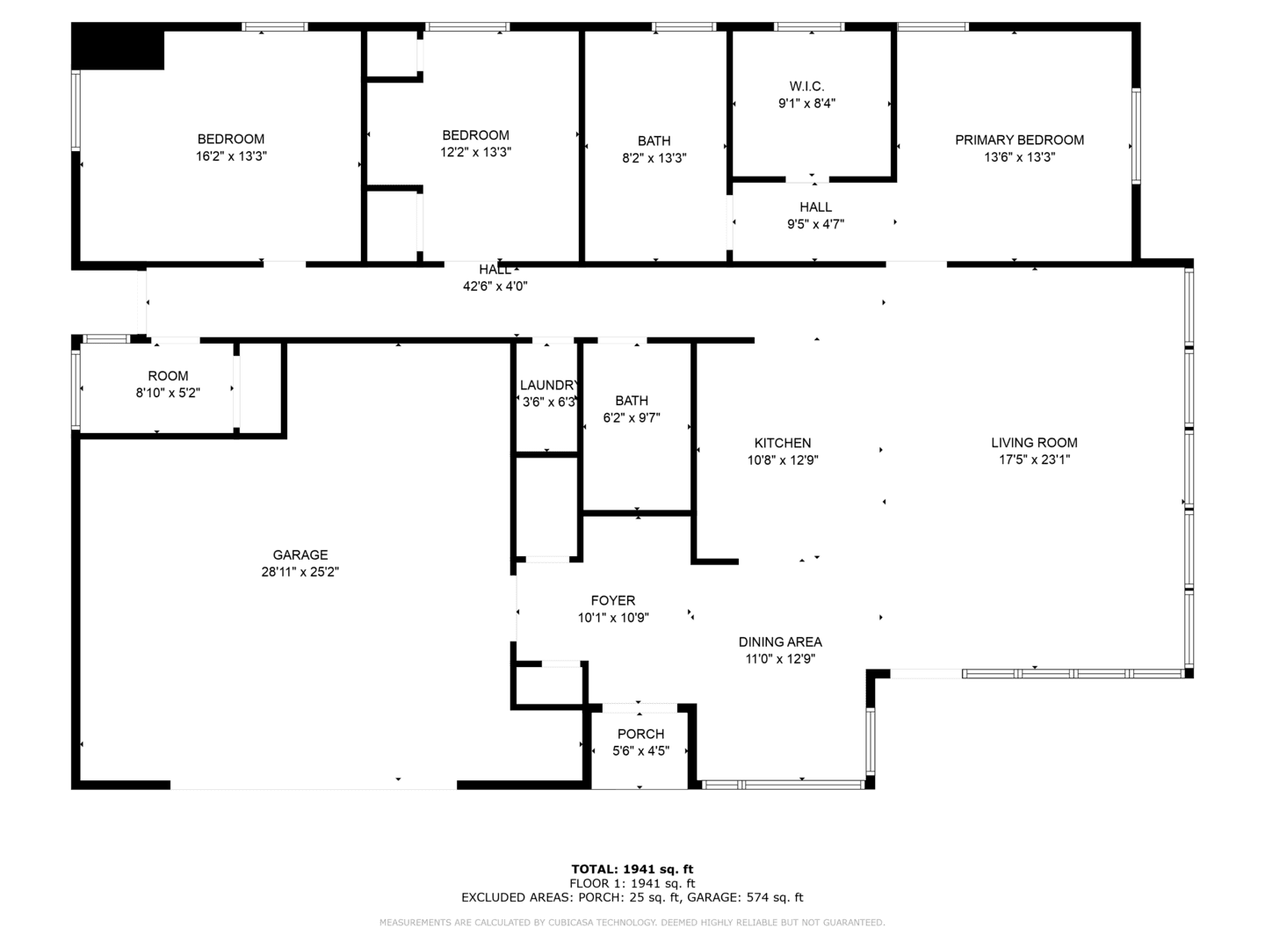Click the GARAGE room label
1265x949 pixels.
[x=300, y=554]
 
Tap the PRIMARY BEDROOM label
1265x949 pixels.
[x=1019, y=140]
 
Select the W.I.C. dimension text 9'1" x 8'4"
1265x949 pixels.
[x=806, y=104]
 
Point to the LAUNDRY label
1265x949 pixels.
[x=547, y=386]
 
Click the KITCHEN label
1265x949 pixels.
[x=782, y=443]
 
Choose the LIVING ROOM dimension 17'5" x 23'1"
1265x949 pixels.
[x=1034, y=460]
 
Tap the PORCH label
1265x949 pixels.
[x=640, y=734]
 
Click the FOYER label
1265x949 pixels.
[x=612, y=600]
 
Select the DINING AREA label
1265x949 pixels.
[x=780, y=641]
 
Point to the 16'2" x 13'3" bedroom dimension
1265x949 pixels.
[x=230, y=156]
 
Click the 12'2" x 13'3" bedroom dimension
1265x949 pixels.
[x=475, y=152]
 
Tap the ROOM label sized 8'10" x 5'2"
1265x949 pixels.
[x=168, y=376]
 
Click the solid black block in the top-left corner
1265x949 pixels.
[x=118, y=46]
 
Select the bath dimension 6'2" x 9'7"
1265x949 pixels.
[x=631, y=417]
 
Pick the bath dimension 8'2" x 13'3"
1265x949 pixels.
[x=654, y=158]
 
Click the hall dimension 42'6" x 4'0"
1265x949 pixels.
[x=495, y=286]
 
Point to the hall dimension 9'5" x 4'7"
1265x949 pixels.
[x=815, y=224]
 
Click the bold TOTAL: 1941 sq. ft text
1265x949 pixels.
[x=632, y=870]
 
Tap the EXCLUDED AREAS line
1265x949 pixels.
[x=632, y=897]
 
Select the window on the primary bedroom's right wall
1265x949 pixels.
[x=1135, y=136]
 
